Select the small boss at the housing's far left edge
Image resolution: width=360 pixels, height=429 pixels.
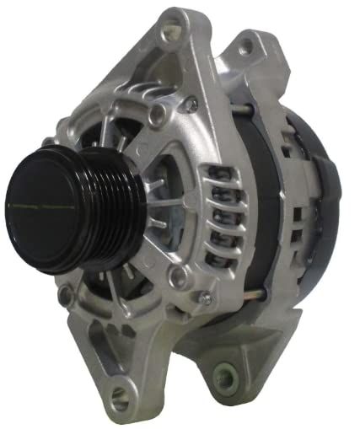pos(64,295)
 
